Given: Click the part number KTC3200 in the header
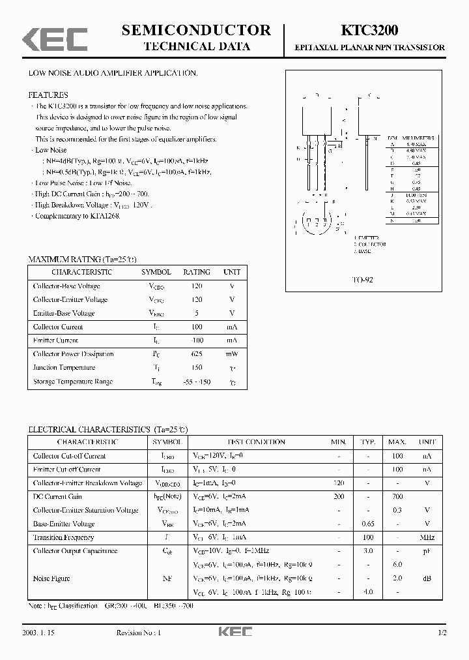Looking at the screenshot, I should click(x=369, y=31).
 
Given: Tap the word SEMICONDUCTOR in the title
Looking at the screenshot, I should click(x=196, y=30).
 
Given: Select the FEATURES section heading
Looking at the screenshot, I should click(x=48, y=95).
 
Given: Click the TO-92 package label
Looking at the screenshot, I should click(x=363, y=279).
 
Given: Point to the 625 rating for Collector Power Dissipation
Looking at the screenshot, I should click(x=197, y=354).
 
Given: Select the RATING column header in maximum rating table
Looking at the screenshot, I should click(x=197, y=272).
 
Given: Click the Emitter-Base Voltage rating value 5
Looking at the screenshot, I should click(x=197, y=314).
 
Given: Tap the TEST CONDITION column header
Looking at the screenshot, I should click(x=256, y=442).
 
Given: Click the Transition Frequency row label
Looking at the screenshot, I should click(x=63, y=537).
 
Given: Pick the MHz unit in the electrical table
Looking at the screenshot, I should click(x=427, y=537).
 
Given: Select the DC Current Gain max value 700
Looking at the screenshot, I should click(x=397, y=497).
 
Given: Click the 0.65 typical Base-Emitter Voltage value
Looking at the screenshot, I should click(x=368, y=524).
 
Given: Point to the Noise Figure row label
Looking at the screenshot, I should click(x=51, y=578).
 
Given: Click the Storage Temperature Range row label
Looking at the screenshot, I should click(x=72, y=382).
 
